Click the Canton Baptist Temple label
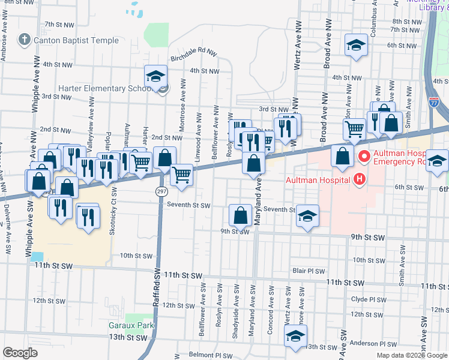tap(76, 41)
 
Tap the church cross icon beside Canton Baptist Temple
tap(24, 41)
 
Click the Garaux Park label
tap(131, 325)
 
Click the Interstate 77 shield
tap(442, 103)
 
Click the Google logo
tap(20, 353)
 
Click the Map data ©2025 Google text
tap(412, 355)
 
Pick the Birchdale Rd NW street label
tap(193, 57)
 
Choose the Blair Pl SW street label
tap(308, 271)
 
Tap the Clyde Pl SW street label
tap(368, 299)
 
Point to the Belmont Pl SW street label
tap(210, 355)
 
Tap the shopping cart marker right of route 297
tap(181, 175)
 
